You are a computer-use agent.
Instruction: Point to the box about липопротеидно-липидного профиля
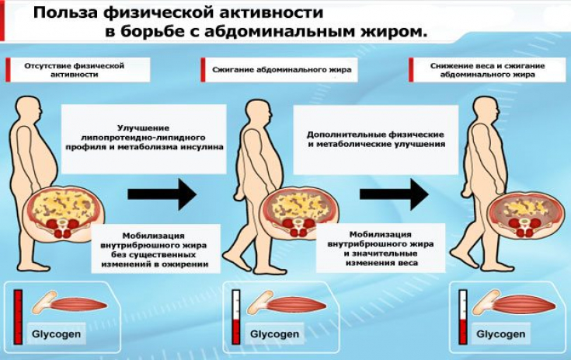[159, 137]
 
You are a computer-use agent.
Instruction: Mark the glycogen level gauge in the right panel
[464, 316]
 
